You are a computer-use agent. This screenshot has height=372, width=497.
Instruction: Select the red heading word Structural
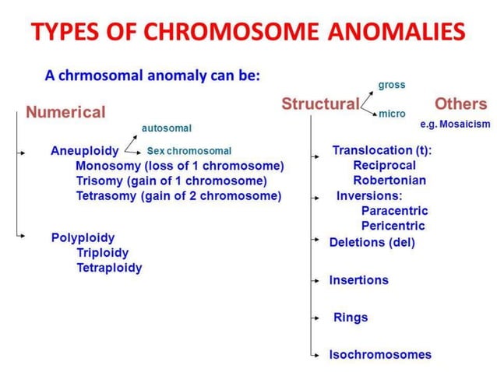click(x=320, y=104)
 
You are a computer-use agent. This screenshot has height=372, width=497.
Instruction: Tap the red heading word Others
click(x=460, y=104)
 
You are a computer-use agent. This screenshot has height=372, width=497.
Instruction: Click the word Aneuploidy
click(x=85, y=150)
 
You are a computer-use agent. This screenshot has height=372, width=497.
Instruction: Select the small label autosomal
click(x=166, y=128)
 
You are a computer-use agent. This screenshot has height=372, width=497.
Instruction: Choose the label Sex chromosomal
click(x=189, y=151)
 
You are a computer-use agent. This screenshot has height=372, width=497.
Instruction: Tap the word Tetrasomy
click(x=107, y=195)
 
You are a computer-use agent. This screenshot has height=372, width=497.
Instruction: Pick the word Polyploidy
click(x=83, y=237)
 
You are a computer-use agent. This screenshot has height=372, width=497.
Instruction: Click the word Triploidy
click(x=103, y=252)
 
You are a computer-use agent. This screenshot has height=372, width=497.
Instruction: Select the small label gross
click(x=391, y=84)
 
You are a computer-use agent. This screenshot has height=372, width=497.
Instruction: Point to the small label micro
click(x=391, y=114)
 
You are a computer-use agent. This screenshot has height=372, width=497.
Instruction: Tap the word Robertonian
click(x=389, y=180)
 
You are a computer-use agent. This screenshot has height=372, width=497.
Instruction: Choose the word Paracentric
click(x=394, y=210)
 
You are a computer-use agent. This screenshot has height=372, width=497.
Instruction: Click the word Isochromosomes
click(x=379, y=354)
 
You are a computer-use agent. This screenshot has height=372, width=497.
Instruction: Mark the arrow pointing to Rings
click(x=316, y=318)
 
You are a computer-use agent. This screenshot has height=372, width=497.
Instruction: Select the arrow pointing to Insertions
click(x=316, y=279)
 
